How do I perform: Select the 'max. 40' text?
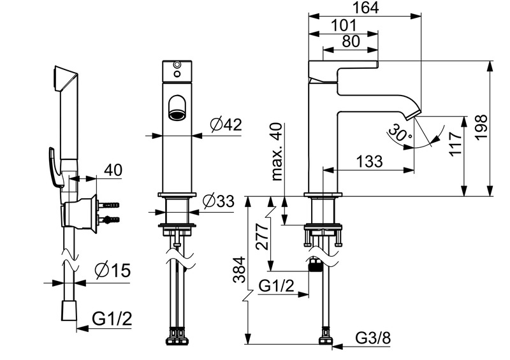[276, 152]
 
